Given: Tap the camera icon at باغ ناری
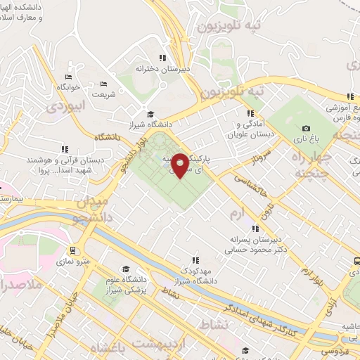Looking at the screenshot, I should pos(306,128).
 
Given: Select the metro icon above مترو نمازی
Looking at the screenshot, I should pos(73,250).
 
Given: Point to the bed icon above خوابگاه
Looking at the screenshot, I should pos(68,77).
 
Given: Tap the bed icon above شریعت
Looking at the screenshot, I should pos(104,83).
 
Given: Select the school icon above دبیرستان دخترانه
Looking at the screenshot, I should pos(162,58).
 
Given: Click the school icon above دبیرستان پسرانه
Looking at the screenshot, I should pos(256,229).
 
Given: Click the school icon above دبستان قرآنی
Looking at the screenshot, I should pos(65,149).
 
